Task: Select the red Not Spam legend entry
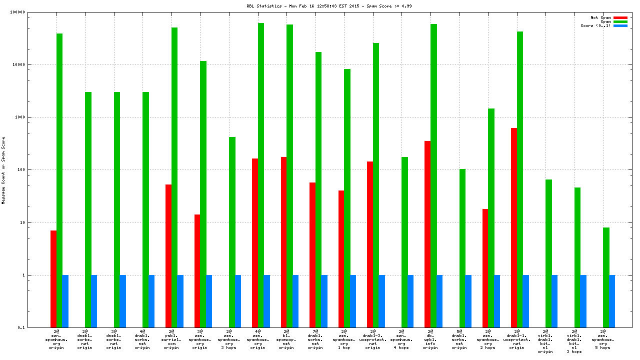pyautogui.click(x=620, y=17)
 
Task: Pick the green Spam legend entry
pyautogui.click(x=620, y=21)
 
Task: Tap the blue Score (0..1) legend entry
pyautogui.click(x=620, y=25)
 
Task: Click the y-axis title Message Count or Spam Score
pyautogui.click(x=3, y=170)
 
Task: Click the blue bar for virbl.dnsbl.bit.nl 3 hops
pyautogui.click(x=583, y=301)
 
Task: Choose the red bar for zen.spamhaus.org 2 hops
pyautogui.click(x=485, y=268)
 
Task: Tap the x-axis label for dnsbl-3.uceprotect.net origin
pyautogui.click(x=372, y=339)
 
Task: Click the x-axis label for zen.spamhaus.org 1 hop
pyautogui.click(x=344, y=339)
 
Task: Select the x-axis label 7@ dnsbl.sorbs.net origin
pyautogui.click(x=315, y=339)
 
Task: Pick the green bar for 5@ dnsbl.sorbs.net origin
pyautogui.click(x=462, y=248)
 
